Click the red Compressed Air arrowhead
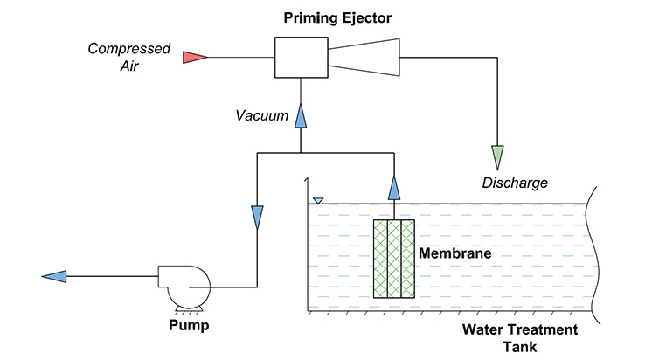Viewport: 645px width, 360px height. [x=193, y=58]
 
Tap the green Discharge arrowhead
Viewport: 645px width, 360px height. [x=498, y=157]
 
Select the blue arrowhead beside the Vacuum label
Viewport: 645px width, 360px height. [x=300, y=115]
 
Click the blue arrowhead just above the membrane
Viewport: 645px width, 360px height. [x=393, y=186]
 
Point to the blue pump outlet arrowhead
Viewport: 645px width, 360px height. [x=55, y=277]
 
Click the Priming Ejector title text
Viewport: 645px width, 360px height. [x=336, y=17]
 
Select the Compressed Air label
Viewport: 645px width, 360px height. [x=128, y=56]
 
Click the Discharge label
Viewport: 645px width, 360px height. [x=515, y=183]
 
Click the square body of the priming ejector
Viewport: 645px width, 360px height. [x=301, y=58]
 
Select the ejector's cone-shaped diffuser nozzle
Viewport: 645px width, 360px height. [x=364, y=58]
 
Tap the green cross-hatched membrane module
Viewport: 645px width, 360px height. [x=393, y=259]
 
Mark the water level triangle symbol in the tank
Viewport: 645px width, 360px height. [x=318, y=200]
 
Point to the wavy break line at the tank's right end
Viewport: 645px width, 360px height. [x=591, y=253]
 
